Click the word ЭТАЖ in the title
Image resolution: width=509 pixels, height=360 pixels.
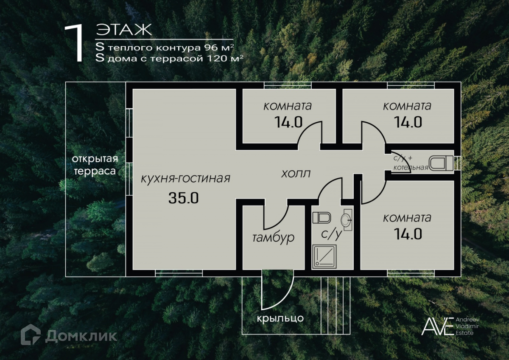coord(123,30)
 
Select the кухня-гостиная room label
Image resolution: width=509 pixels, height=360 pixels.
coord(186,178)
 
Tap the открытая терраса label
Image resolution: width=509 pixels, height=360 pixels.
coord(95,165)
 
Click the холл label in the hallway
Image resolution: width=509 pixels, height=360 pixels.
coord(296,174)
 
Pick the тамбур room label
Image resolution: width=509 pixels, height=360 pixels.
coord(273,238)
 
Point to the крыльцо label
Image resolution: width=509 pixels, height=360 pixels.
coord(280,318)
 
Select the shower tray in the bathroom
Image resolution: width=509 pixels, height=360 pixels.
coord(324,256)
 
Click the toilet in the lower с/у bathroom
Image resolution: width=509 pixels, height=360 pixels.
coord(321,218)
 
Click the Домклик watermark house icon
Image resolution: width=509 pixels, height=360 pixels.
coord(31,335)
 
